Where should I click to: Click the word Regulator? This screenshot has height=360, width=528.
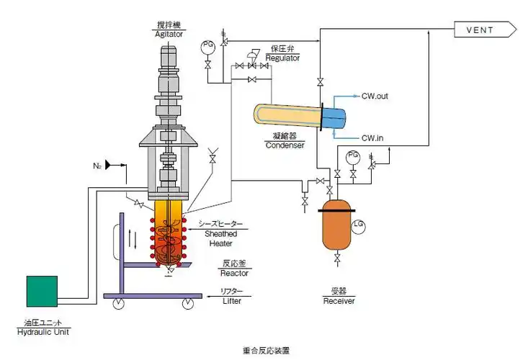[x=283, y=58]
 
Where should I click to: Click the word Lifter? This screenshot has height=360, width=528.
[x=232, y=301]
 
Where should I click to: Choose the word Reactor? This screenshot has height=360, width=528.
[x=235, y=274]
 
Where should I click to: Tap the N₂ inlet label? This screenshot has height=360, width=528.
[x=97, y=166]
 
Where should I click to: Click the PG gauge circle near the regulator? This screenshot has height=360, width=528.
[x=209, y=45]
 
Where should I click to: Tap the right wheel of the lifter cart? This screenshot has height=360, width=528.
[x=189, y=303]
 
